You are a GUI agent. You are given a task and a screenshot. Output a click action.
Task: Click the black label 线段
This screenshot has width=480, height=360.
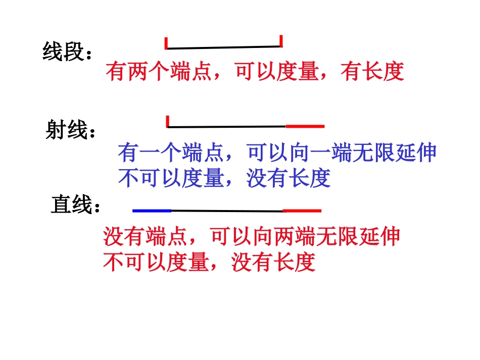[63, 52]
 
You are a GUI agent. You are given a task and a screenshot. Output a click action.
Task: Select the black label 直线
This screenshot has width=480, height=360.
[71, 205]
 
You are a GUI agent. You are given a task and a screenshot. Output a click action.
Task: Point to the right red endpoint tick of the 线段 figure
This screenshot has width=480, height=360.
[280, 41]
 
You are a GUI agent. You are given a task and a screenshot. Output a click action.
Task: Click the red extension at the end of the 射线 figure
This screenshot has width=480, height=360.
[305, 126]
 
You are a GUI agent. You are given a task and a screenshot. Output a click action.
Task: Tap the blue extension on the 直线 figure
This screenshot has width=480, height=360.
[152, 210]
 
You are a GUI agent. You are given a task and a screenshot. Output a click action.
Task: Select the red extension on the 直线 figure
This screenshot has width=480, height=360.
[302, 210]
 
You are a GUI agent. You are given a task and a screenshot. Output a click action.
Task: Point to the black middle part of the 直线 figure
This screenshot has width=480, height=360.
[227, 211]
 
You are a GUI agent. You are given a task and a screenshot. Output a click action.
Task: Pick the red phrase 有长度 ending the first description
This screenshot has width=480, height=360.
[372, 72]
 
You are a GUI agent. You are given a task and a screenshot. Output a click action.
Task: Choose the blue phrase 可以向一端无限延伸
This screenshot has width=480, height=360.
[342, 152]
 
